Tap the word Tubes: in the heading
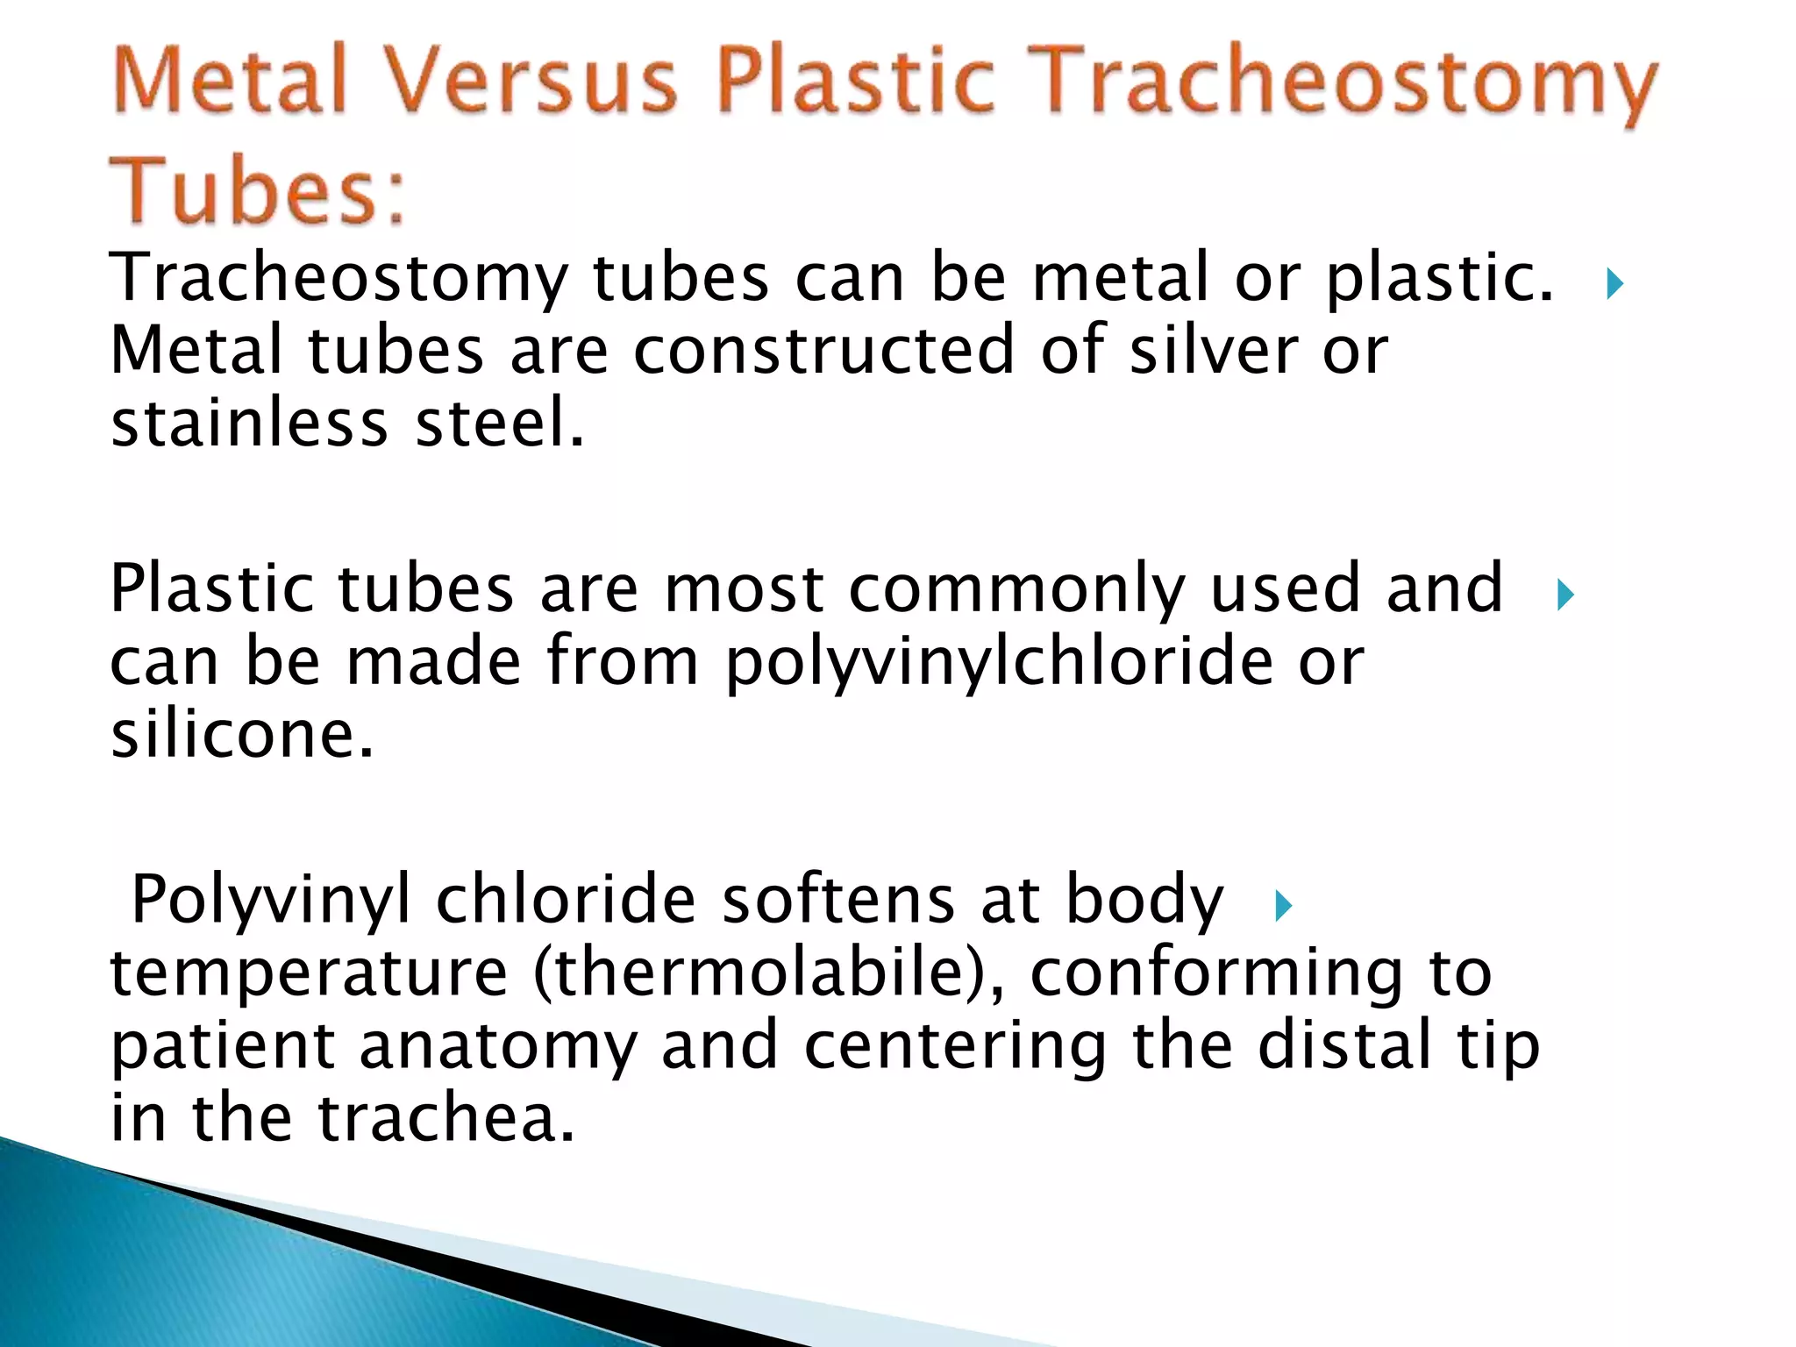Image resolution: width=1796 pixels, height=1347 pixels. (260, 190)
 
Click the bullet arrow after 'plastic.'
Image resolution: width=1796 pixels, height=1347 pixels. (1614, 284)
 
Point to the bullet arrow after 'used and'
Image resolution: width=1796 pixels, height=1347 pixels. (1565, 595)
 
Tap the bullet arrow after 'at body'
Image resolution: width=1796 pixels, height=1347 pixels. (1283, 906)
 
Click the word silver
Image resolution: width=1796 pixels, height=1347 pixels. (1214, 350)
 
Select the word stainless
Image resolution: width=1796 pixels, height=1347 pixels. (249, 423)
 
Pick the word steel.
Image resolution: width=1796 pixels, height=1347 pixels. (499, 423)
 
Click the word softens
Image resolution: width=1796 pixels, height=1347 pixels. (837, 900)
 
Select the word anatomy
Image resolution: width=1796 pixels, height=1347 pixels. (498, 1047)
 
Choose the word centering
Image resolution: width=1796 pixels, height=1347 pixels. (956, 1047)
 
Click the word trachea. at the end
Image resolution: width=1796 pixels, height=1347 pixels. (446, 1118)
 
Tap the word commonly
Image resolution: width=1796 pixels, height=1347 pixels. (1017, 589)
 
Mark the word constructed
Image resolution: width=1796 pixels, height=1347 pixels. (823, 350)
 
